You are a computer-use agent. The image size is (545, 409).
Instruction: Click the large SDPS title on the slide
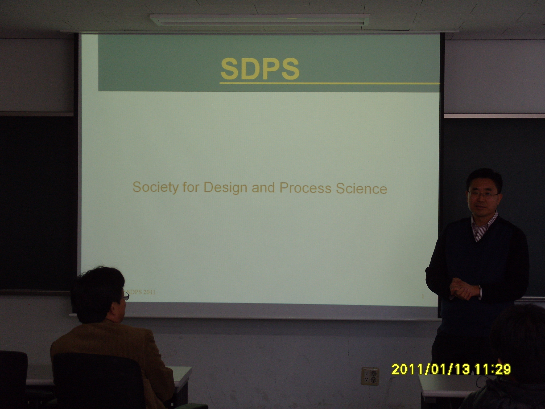click(260, 69)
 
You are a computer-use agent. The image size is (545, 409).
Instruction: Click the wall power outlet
click(370, 375)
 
